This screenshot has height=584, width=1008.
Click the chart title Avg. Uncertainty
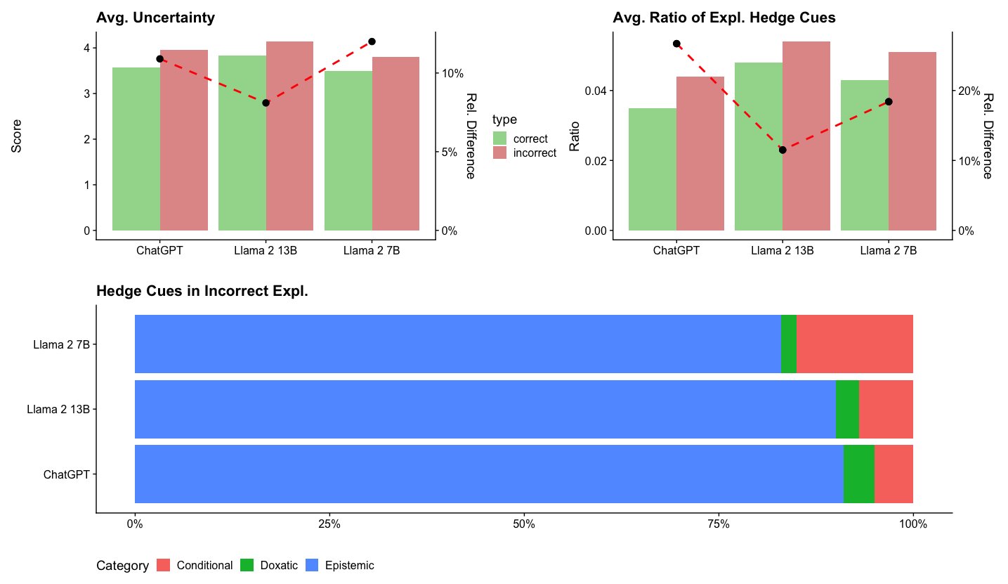pos(155,18)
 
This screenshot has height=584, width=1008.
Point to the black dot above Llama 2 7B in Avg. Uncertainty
pos(372,41)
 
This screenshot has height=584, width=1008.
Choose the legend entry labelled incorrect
pos(534,153)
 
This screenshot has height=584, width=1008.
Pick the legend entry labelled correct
pos(530,138)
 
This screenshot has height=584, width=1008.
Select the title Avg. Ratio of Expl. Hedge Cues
pos(724,18)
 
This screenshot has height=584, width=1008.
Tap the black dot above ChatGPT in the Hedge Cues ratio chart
pos(676,44)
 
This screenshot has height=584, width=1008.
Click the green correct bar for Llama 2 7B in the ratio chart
pos(864,155)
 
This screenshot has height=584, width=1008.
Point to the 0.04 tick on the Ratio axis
pos(596,91)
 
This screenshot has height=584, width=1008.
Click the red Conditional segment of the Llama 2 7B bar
pos(854,344)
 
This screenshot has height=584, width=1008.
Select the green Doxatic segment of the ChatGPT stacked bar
pos(858,474)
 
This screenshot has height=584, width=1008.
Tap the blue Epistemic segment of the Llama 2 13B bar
pos(485,409)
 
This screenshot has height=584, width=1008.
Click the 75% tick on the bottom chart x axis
pos(718,524)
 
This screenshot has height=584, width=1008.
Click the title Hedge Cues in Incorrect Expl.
pos(202,292)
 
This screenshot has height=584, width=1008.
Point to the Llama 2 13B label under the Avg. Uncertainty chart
pos(266,251)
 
